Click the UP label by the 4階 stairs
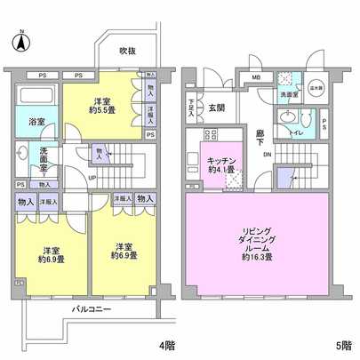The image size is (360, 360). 92,175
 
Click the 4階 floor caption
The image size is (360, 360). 166,344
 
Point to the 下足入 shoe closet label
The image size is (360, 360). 192,108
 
